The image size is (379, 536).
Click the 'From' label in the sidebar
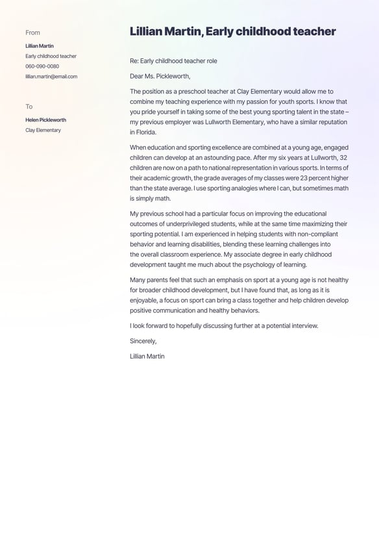(32, 32)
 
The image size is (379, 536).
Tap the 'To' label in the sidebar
(29, 107)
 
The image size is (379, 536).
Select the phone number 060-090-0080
(42, 66)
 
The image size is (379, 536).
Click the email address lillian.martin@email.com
(51, 77)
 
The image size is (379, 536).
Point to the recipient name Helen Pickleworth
(45, 120)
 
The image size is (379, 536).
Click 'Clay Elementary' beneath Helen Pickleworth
(43, 131)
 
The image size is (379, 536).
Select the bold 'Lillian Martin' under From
(40, 46)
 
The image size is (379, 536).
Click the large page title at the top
(232, 31)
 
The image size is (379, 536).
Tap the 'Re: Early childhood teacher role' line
(173, 61)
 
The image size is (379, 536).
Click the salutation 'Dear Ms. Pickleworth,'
(160, 76)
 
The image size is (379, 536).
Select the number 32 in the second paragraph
(343, 158)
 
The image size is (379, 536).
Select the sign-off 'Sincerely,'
(143, 341)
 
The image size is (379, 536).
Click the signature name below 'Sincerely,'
(147, 356)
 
